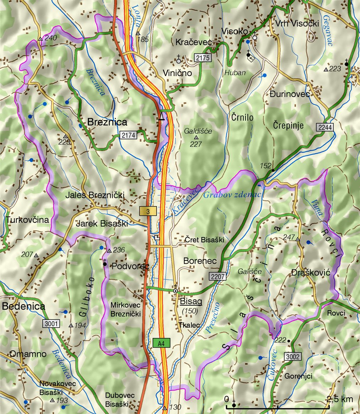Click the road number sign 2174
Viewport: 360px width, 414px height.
tap(128, 135)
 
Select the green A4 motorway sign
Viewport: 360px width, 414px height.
tap(162, 343)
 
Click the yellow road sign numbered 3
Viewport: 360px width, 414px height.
tap(148, 211)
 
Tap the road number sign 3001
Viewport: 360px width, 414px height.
tap(51, 324)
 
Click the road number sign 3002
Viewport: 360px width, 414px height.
tap(293, 356)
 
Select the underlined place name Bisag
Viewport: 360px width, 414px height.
tap(191, 302)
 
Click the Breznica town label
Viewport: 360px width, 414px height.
tap(107, 122)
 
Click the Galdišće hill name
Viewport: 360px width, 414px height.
tap(198, 131)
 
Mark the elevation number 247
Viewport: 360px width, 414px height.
tap(289, 237)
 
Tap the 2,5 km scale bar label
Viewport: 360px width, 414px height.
tap(340, 399)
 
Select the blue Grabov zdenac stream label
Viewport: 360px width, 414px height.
tap(232, 195)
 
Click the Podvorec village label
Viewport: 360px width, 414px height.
tap(130, 267)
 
